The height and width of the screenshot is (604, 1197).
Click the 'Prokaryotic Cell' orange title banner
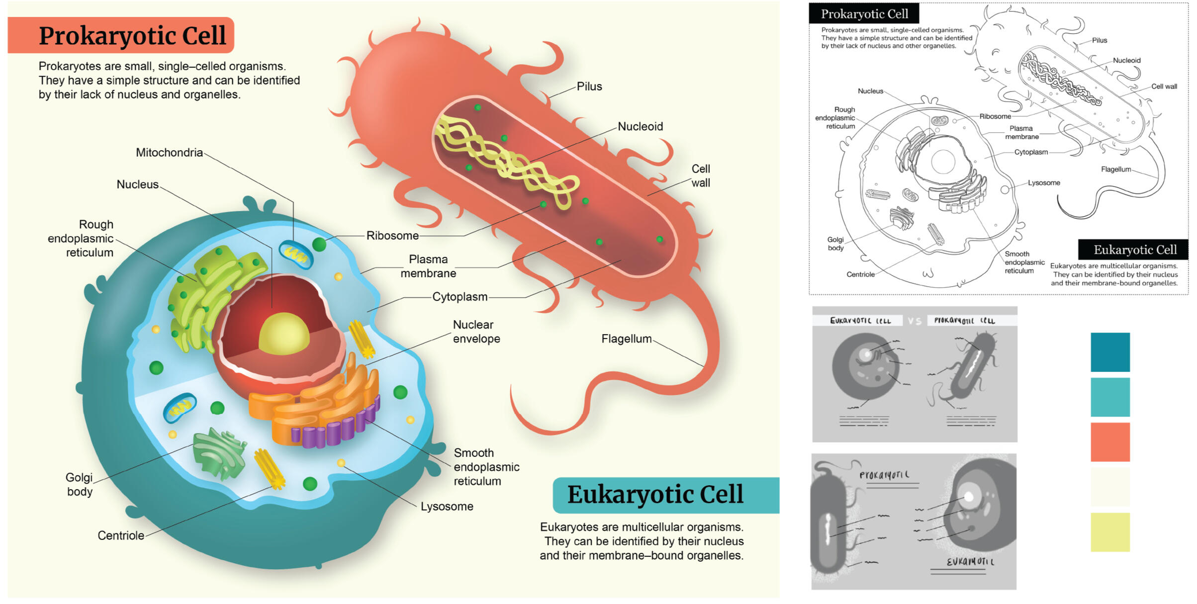[x=121, y=35]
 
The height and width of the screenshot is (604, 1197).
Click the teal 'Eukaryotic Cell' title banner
[x=665, y=495]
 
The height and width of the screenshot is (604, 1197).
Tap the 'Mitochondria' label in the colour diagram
[x=169, y=153]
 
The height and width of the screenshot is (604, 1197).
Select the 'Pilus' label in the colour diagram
[x=589, y=86]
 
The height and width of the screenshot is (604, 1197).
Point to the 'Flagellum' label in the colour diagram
[x=626, y=339]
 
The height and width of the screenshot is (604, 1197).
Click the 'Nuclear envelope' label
[x=476, y=332]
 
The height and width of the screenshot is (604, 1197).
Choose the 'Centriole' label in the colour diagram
[x=121, y=536]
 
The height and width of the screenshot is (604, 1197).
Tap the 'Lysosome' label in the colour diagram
[x=447, y=507]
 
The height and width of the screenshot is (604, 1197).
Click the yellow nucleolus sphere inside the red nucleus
[x=284, y=335]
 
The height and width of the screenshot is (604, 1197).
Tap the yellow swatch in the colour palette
[x=1110, y=532]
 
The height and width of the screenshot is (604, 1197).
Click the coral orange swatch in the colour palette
[x=1110, y=442]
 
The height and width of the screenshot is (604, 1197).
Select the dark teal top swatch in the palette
[x=1110, y=352]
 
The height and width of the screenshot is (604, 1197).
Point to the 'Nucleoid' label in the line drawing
[x=1126, y=61]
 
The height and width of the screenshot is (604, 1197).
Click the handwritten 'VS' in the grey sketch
[x=914, y=321]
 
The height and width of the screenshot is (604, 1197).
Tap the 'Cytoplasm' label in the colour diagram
[x=460, y=297]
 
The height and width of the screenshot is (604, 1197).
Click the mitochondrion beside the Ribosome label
[x=296, y=254]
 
